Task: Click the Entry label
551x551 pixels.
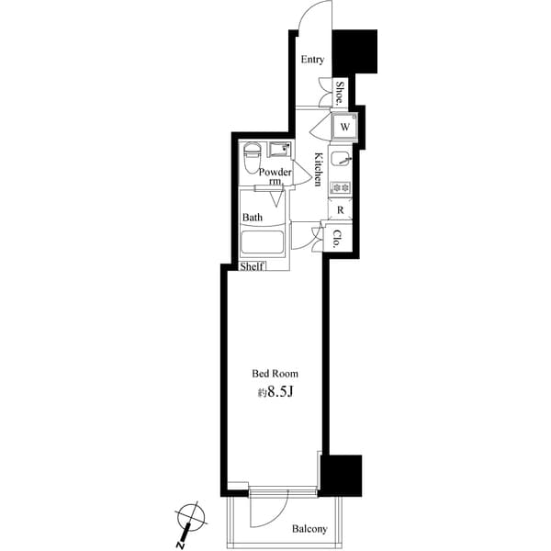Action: pyautogui.click(x=312, y=60)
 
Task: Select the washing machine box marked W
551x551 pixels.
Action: pyautogui.click(x=344, y=126)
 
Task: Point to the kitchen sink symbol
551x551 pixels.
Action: pyautogui.click(x=342, y=159)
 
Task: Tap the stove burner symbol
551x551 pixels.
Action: pyautogui.click(x=342, y=189)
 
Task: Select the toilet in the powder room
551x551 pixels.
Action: pyautogui.click(x=251, y=159)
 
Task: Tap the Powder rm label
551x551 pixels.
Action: pyautogui.click(x=275, y=175)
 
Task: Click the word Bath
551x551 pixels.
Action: pyautogui.click(x=253, y=218)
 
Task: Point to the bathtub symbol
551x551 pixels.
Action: pyautogui.click(x=264, y=244)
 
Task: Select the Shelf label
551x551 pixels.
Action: pyautogui.click(x=253, y=267)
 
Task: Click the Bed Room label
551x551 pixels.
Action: pyautogui.click(x=275, y=374)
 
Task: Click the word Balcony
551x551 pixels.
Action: pyautogui.click(x=310, y=530)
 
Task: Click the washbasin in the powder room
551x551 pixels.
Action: pyautogui.click(x=278, y=150)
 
